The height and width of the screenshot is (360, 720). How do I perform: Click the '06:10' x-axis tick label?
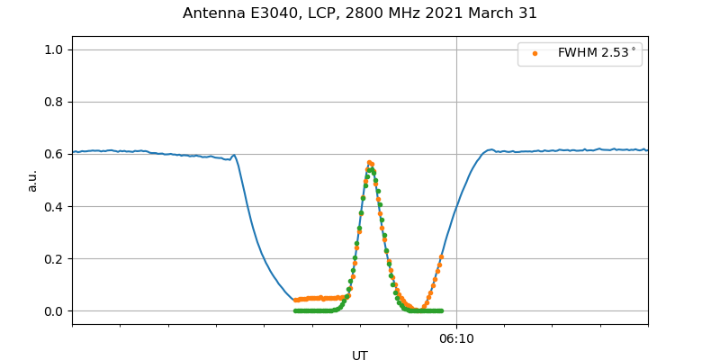pos(456,338)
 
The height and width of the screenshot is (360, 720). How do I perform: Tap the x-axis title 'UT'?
pos(360,355)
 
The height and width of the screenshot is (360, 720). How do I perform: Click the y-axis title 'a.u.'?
pos(33,180)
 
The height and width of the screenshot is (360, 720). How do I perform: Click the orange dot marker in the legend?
pos(535,53)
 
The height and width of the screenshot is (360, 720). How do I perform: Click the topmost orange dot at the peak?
pos(369,163)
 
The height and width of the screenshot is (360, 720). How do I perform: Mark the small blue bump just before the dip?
pos(234,156)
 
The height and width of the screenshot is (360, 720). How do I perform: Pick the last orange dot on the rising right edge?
pos(441,257)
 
